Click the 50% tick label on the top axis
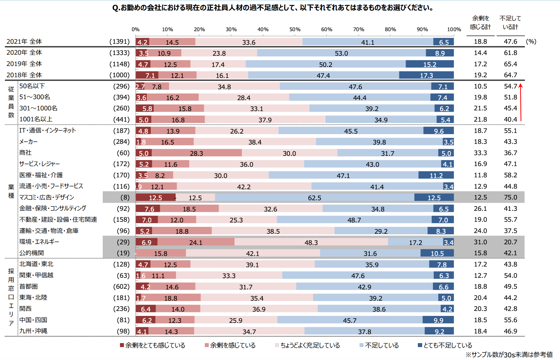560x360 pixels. click(295, 30)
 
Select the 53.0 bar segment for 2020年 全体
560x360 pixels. click(341, 53)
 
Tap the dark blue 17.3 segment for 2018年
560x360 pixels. click(426, 75)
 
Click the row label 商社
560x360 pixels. click(25, 153)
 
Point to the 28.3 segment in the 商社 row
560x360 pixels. click(196, 153)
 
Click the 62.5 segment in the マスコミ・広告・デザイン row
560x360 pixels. click(314, 198)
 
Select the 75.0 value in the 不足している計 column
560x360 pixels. click(510, 198)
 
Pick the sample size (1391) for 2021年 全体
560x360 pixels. click(119, 42)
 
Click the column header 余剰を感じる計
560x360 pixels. click(480, 23)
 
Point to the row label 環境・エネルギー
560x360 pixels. click(39, 242)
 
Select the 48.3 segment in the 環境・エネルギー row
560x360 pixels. click(311, 242)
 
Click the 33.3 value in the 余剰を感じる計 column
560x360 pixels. click(480, 153)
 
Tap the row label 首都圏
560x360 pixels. click(28, 286)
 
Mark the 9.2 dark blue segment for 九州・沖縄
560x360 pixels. click(439, 331)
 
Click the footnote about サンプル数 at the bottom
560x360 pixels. click(509, 355)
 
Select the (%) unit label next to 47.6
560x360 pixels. click(531, 42)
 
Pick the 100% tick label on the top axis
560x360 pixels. click(454, 30)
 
